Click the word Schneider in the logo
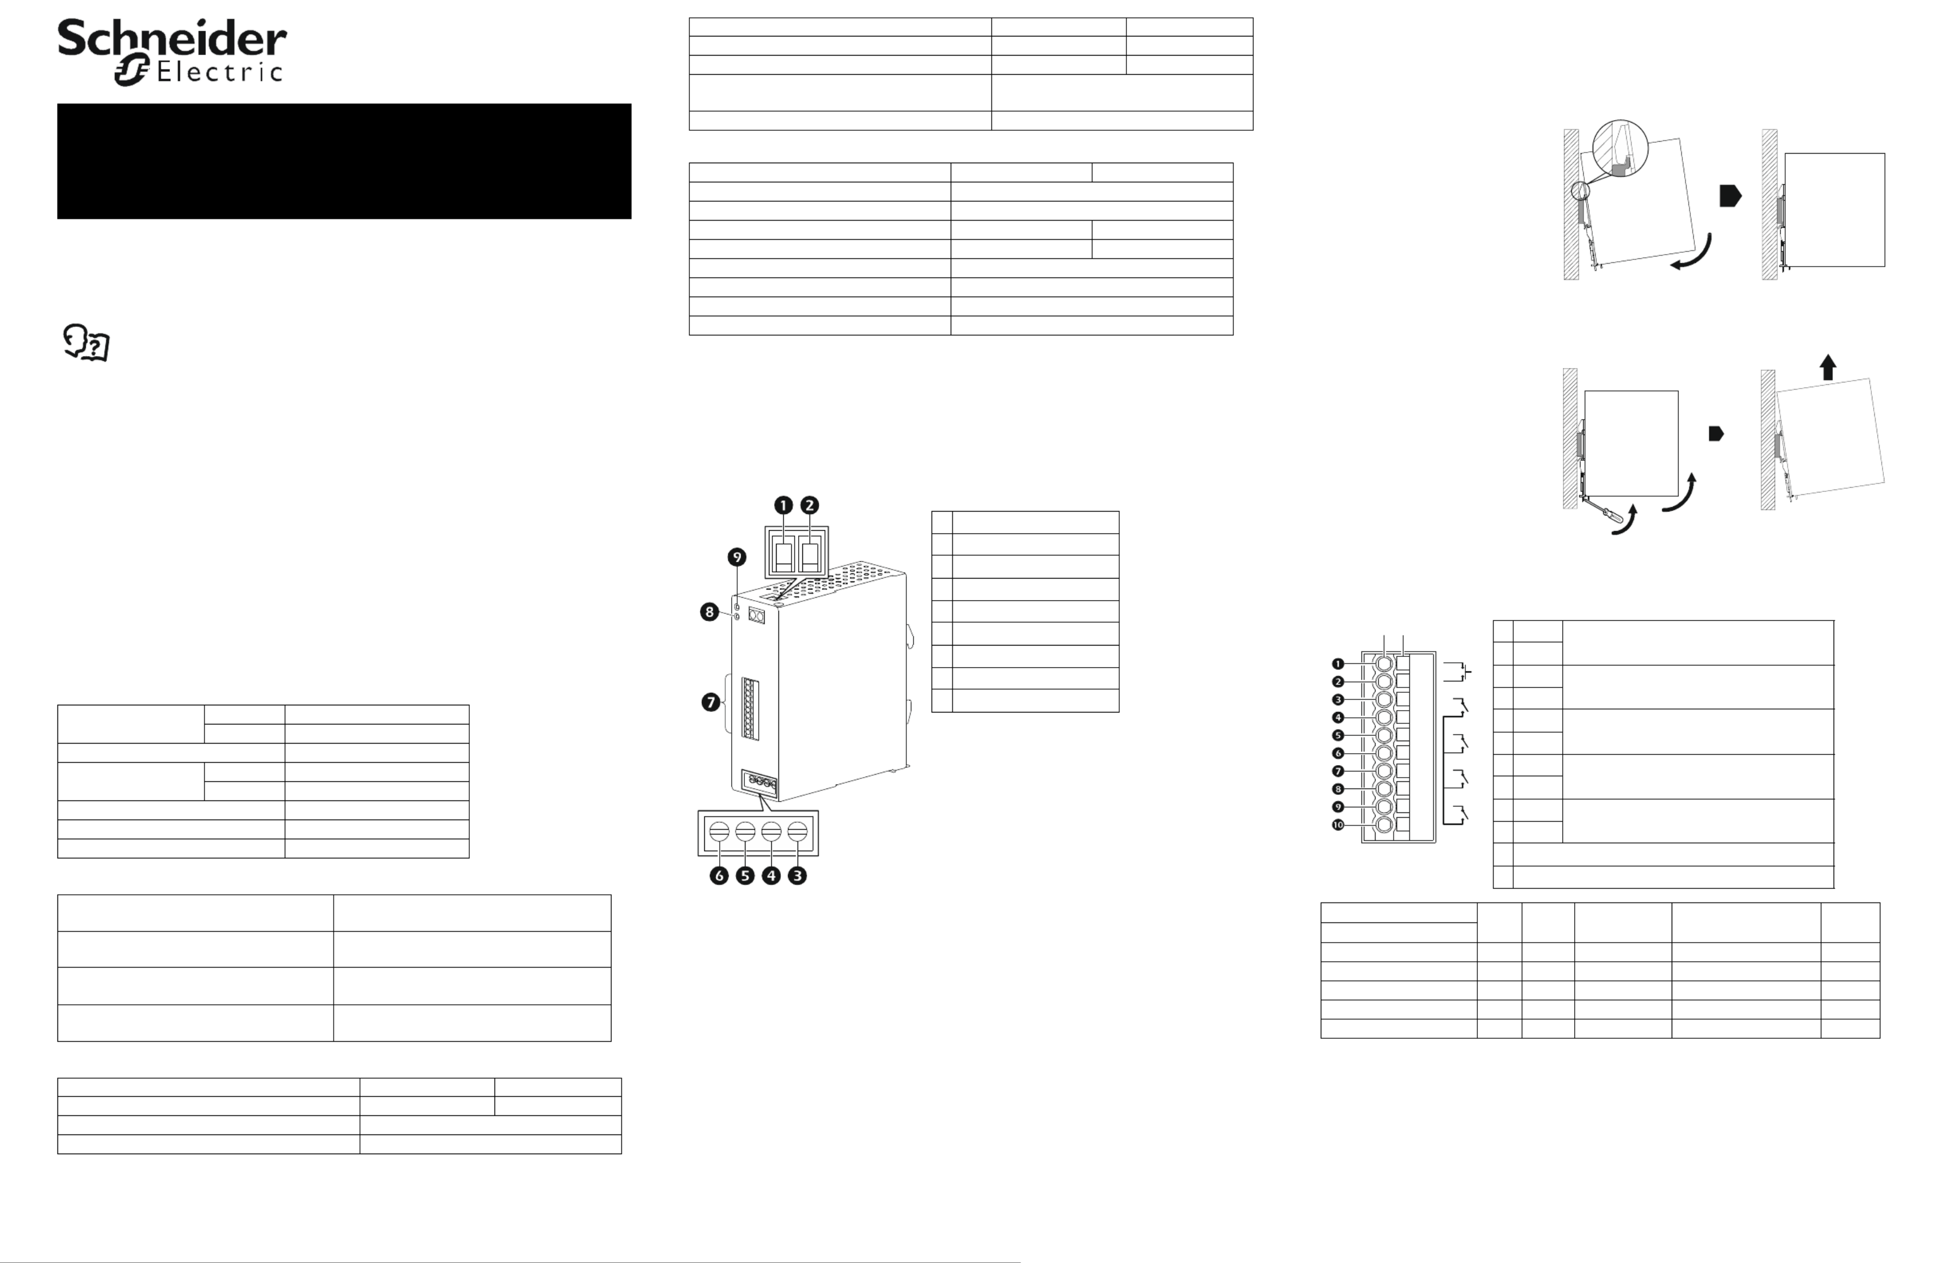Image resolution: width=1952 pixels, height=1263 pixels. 172,38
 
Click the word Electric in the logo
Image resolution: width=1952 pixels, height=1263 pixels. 219,72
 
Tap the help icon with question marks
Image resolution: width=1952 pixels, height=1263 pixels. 86,343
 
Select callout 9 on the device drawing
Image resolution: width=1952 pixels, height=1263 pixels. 737,558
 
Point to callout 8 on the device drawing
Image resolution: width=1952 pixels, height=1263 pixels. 710,612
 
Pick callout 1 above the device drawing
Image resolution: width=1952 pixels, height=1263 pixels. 783,505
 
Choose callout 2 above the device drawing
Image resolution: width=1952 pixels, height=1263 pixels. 809,505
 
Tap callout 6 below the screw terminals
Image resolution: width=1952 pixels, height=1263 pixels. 719,876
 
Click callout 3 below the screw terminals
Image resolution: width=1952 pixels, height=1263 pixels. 797,876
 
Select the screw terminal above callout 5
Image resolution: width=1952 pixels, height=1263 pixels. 746,831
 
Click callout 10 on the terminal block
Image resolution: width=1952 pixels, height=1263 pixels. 1337,825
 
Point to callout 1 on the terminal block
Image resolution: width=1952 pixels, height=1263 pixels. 1337,664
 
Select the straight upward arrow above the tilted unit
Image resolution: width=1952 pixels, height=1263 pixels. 1827,366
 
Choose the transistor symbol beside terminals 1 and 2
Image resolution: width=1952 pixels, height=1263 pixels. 1458,672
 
